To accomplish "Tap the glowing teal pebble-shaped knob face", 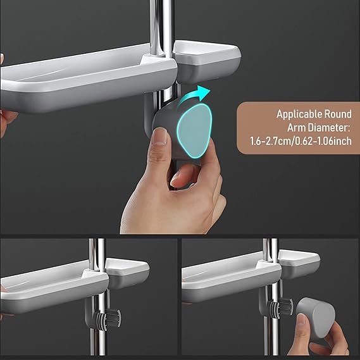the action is [194, 130].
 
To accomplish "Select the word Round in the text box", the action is [338, 114].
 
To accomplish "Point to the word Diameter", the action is [328, 127].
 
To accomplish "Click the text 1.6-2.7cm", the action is [270, 140].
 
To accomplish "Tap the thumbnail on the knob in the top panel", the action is [160, 136].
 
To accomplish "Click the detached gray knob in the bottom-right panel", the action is [316, 318].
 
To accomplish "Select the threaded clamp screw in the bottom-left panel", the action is [108, 318].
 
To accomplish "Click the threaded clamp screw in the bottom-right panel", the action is [280, 306].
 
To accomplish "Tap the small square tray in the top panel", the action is [206, 61].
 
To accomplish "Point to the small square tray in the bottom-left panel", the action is [127, 273].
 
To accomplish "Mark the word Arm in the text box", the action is [296, 127].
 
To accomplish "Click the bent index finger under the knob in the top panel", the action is [182, 175].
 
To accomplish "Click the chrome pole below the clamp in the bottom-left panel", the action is [98, 344].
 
